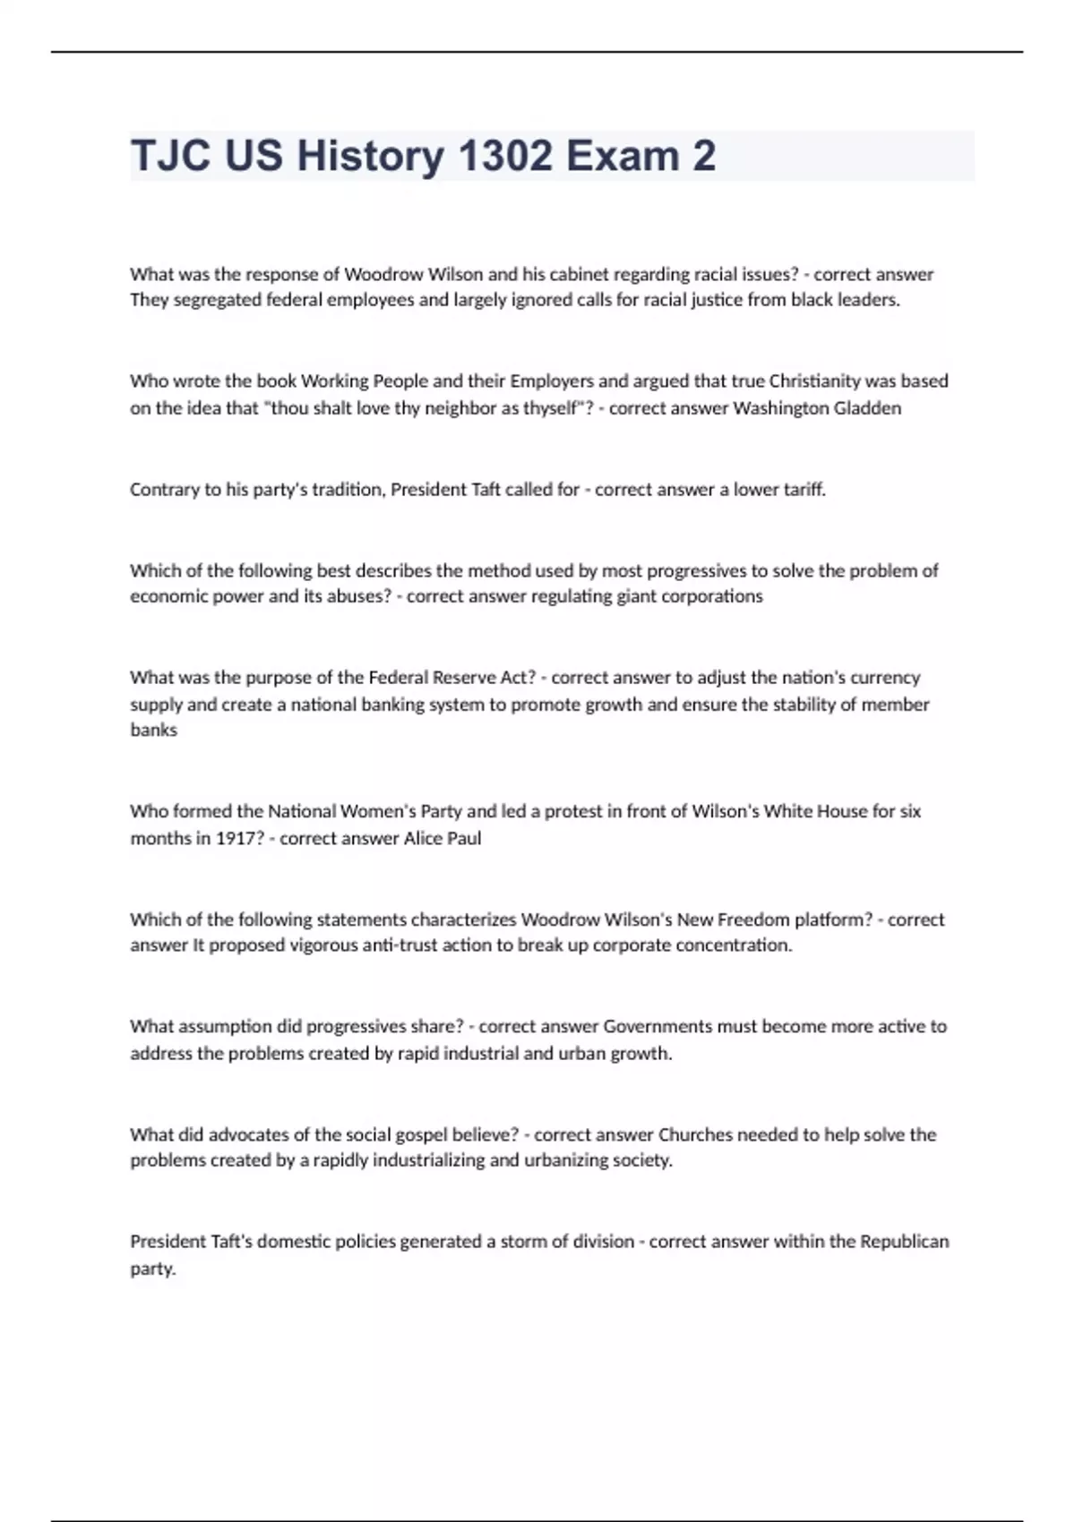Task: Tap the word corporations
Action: click(x=712, y=596)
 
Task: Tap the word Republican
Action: click(x=905, y=1242)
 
